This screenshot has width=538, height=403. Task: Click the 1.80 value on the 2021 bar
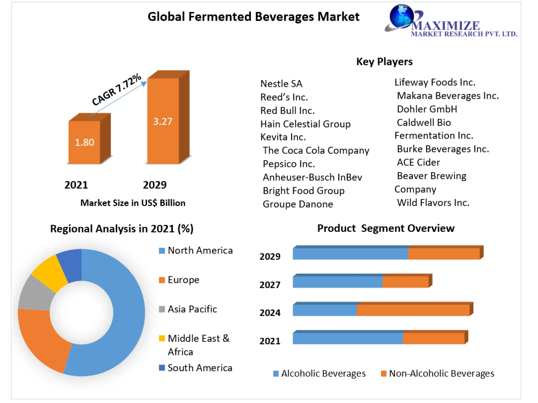click(x=84, y=142)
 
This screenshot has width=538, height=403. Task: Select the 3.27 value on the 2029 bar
click(x=163, y=121)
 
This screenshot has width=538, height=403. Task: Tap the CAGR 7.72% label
click(x=117, y=89)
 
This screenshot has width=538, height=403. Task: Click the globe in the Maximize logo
click(x=401, y=16)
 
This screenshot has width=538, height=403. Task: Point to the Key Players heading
click(x=384, y=61)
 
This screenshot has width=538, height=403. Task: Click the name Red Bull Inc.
click(x=287, y=111)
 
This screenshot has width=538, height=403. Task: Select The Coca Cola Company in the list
click(x=316, y=150)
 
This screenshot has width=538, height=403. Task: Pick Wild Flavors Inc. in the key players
click(x=433, y=203)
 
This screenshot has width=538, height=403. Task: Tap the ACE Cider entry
click(x=418, y=162)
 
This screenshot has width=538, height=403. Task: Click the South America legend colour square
click(x=162, y=367)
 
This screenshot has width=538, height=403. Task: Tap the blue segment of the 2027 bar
click(x=337, y=282)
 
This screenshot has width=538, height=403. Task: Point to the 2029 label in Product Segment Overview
click(x=270, y=256)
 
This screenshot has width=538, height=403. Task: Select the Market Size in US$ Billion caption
click(x=133, y=203)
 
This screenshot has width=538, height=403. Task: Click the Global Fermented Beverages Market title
click(x=253, y=17)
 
